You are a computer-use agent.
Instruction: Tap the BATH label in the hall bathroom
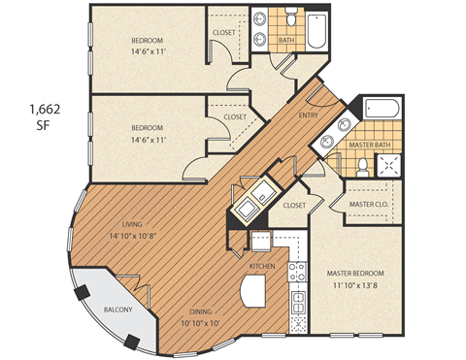pos(286,41)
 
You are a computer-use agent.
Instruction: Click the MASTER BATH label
pos(369,146)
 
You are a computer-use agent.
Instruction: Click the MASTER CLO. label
pos(368,205)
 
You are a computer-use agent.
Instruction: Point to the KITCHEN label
pos(263,265)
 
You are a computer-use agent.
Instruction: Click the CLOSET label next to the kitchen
pos(295,206)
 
